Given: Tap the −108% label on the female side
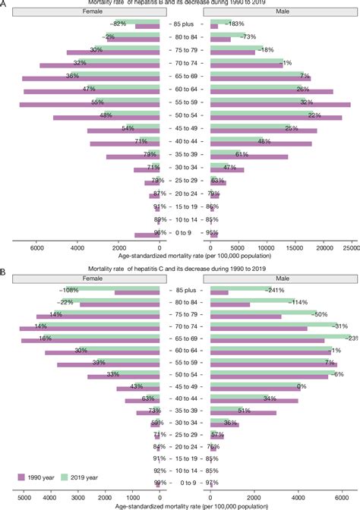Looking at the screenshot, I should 70,290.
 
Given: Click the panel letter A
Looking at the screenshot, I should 4,3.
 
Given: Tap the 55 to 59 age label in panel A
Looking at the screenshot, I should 185,102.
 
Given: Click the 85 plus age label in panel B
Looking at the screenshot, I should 185,290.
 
